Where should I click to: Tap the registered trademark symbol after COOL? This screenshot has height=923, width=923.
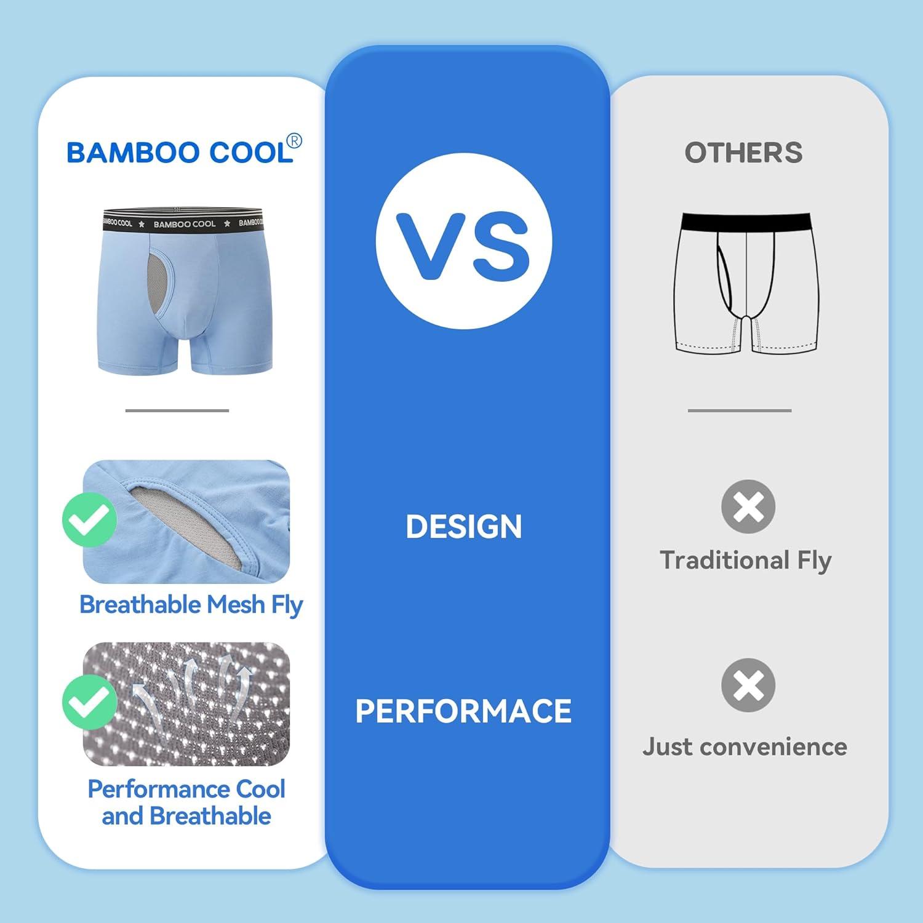pos(295,142)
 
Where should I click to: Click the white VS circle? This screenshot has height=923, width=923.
pos(463,241)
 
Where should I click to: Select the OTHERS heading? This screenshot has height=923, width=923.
pos(743,153)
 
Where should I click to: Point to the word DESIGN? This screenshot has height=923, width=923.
pos(463,527)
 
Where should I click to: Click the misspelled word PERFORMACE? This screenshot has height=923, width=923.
pos(463,711)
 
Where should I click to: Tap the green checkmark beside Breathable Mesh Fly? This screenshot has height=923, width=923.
pos(90,519)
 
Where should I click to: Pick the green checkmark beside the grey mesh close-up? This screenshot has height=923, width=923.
pos(90,702)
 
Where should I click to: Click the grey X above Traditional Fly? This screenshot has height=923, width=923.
pos(748,506)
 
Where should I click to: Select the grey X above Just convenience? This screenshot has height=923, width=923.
pos(748,685)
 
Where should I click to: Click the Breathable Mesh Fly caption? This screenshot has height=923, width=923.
pos(191,605)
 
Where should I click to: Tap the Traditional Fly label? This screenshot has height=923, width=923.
pos(746,561)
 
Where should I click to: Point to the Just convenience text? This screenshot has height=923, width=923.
pos(745,746)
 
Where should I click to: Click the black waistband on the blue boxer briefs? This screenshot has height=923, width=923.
pos(182,223)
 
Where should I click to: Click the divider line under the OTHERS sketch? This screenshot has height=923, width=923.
pos(740,410)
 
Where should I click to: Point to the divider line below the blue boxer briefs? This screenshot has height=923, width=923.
pos(177,410)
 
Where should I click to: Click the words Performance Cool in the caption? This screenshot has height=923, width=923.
pos(186,789)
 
